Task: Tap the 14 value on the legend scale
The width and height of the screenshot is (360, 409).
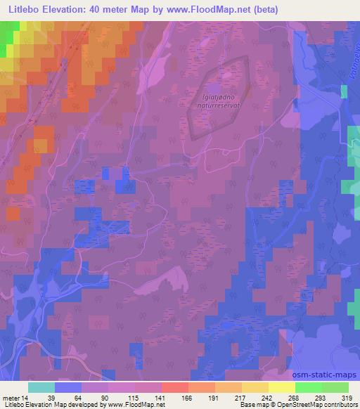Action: click(x=27, y=397)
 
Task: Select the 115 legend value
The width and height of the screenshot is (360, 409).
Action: click(x=124, y=397)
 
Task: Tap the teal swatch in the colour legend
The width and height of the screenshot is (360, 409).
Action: click(x=41, y=387)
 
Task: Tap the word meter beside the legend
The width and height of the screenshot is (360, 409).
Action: click(x=11, y=397)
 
